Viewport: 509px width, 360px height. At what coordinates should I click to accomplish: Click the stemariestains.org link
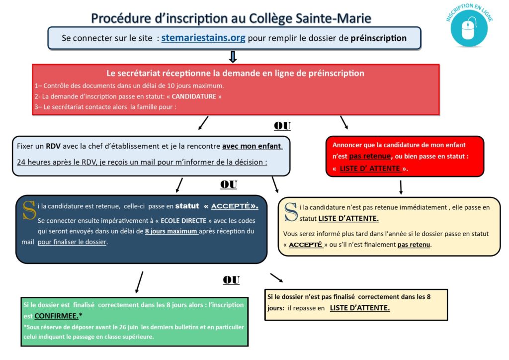pyautogui.click(x=203, y=38)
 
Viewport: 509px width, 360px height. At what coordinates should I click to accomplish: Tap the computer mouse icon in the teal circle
pyautogui.click(x=468, y=28)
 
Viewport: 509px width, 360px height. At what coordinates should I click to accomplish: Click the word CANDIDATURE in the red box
pyautogui.click(x=194, y=96)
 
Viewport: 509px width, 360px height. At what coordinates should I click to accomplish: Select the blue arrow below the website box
pyautogui.click(x=233, y=57)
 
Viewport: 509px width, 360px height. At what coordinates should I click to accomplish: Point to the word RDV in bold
pyautogui.click(x=53, y=146)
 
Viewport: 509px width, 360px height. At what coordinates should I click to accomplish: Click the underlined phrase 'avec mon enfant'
pyautogui.click(x=252, y=146)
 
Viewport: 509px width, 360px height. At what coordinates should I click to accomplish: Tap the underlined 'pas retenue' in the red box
pyautogui.click(x=370, y=156)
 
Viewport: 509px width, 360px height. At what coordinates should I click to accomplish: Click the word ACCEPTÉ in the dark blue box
pyautogui.click(x=231, y=206)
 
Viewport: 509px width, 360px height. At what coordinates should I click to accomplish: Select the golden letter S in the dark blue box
pyautogui.click(x=29, y=210)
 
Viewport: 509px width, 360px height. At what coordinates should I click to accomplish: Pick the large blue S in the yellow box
pyautogui.click(x=290, y=212)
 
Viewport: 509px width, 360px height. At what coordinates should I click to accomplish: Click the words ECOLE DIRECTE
pyautogui.click(x=183, y=221)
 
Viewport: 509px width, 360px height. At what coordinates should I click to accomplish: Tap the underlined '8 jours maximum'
pyautogui.click(x=171, y=231)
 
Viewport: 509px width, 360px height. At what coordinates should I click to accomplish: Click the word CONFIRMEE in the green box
pyautogui.click(x=56, y=316)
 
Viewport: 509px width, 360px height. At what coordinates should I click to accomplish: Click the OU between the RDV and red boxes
pyautogui.click(x=282, y=126)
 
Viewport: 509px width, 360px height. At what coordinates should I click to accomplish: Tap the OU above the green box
pyautogui.click(x=231, y=280)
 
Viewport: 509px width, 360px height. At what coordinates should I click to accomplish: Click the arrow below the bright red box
pyautogui.click(x=401, y=187)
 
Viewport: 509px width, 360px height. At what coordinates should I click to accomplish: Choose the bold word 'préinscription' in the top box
pyautogui.click(x=378, y=38)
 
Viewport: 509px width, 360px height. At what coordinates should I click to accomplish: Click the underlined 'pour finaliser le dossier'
pyautogui.click(x=72, y=242)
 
